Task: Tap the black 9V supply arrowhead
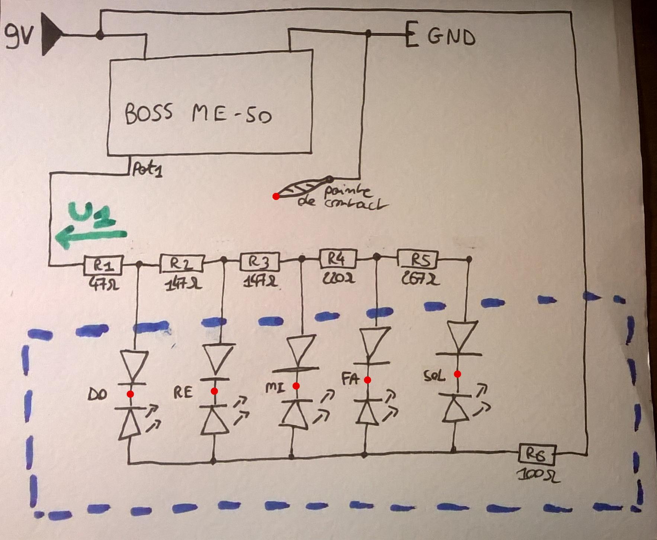[50, 34]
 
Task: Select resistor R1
[103, 265]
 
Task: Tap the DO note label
[97, 394]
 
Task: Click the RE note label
[183, 392]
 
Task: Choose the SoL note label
[434, 376]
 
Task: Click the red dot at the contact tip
[276, 196]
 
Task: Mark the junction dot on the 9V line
[100, 35]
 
